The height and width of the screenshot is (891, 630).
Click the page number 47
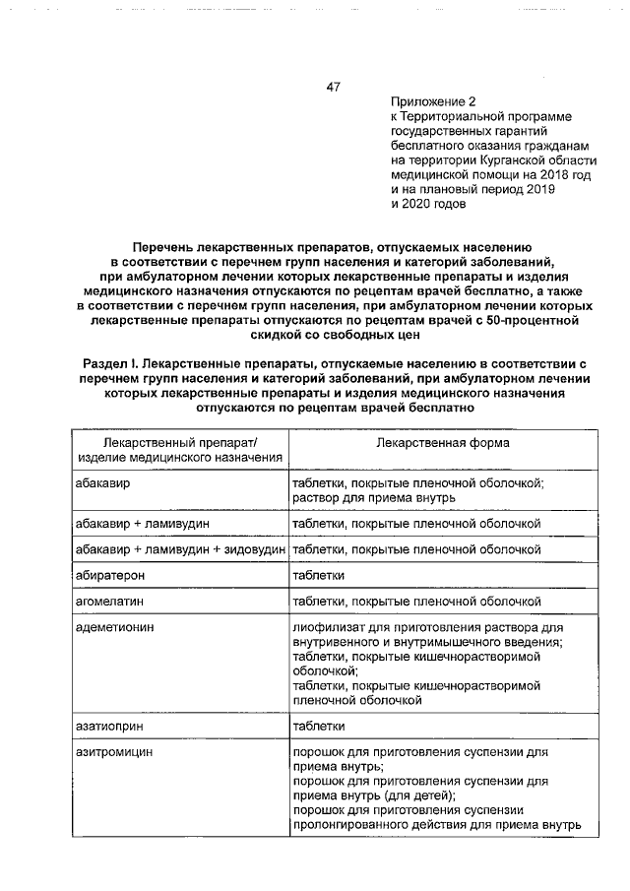click(333, 88)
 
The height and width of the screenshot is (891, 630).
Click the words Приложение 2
click(432, 101)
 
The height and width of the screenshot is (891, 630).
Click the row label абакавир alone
click(103, 485)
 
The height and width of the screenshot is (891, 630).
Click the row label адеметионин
click(115, 626)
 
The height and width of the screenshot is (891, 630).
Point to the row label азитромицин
click(115, 751)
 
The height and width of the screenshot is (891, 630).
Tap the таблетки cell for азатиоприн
click(318, 726)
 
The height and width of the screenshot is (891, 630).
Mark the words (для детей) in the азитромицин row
click(420, 796)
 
